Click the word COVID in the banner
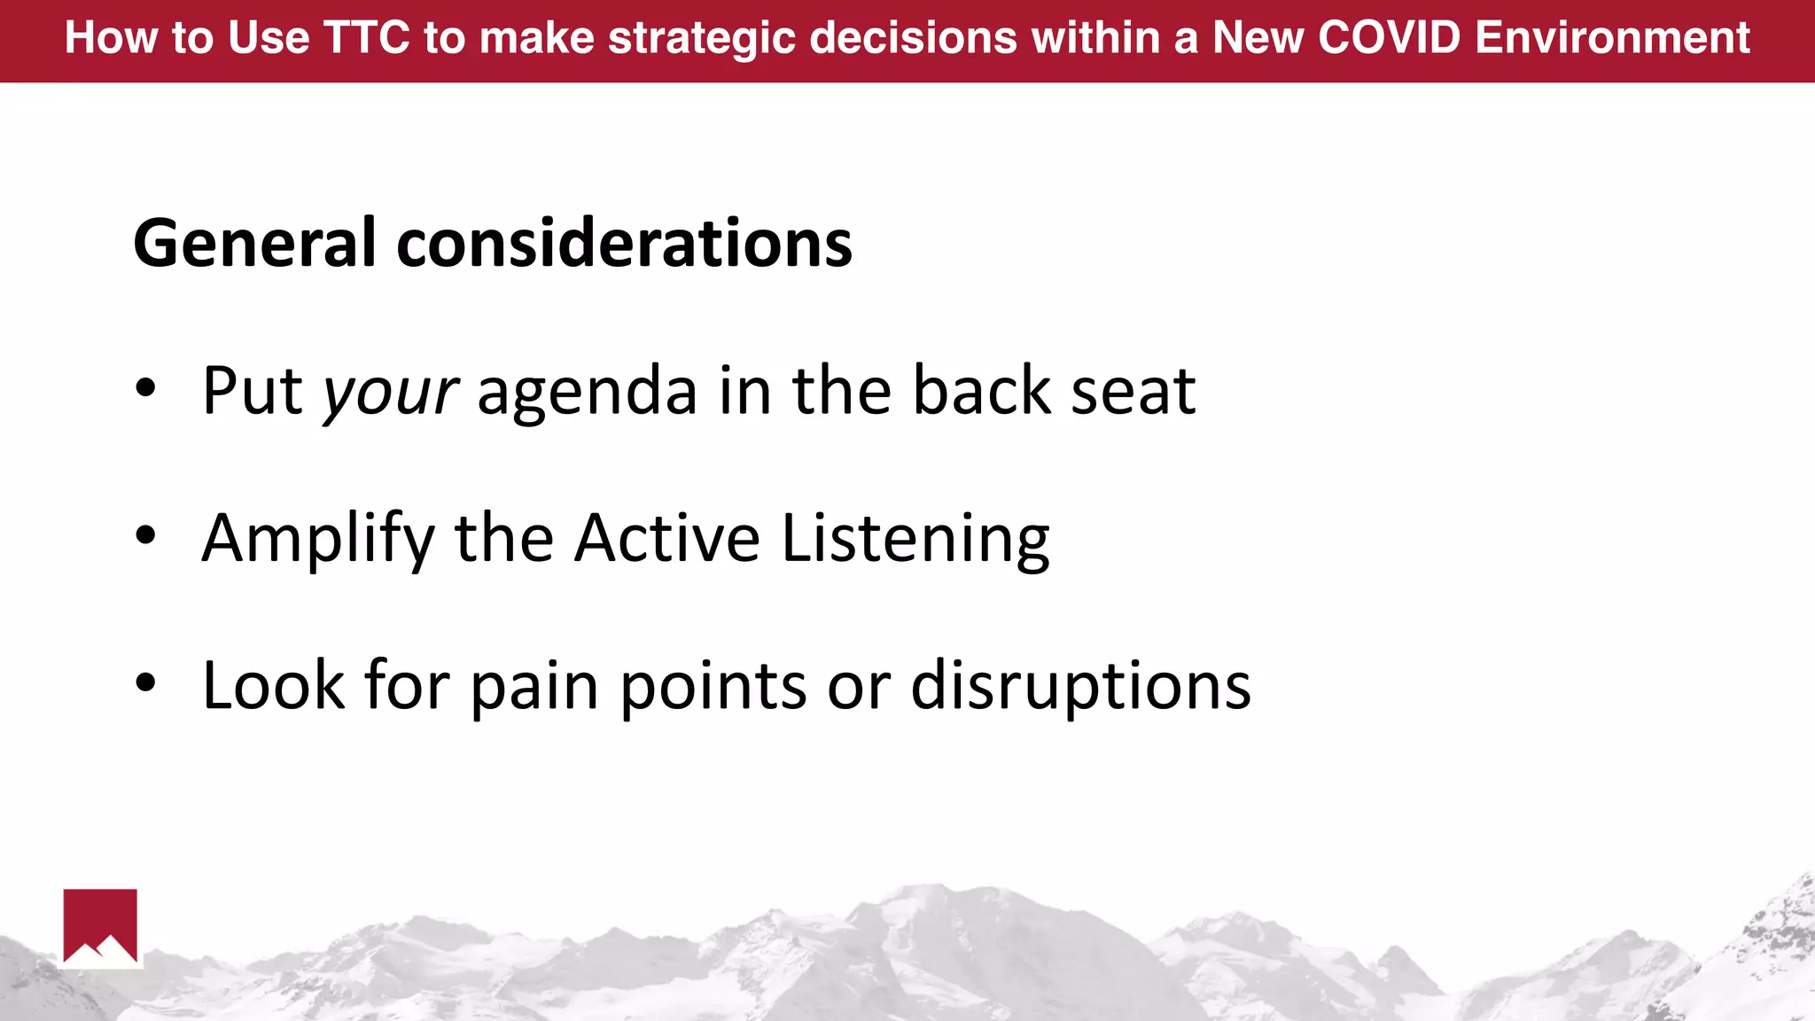(x=1389, y=38)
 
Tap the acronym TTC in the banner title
(x=367, y=38)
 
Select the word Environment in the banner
(x=1612, y=38)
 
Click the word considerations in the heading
(x=624, y=244)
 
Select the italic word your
(x=390, y=392)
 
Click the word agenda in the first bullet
(x=587, y=392)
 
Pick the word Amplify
(x=317, y=539)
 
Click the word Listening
(x=915, y=539)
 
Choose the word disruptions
(x=1080, y=686)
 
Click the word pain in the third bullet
(x=534, y=688)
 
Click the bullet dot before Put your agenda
(x=145, y=387)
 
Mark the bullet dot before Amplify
(x=145, y=534)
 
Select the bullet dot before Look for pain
(x=145, y=682)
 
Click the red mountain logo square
(x=100, y=924)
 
